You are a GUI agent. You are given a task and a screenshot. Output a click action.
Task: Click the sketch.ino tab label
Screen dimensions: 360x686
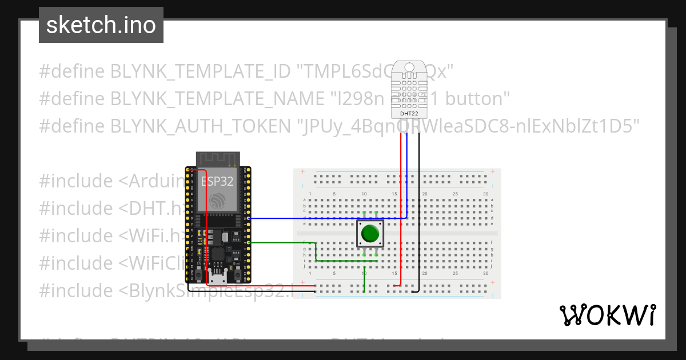[x=101, y=25]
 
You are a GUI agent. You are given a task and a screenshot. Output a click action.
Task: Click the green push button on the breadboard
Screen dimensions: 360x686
[x=370, y=234]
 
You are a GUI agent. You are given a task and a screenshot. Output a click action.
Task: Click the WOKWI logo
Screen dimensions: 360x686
[x=607, y=315]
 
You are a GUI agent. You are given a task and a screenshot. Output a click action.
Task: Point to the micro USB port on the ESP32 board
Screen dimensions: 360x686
[x=217, y=279]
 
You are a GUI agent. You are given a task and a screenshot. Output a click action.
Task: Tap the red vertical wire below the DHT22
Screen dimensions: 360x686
[x=400, y=217]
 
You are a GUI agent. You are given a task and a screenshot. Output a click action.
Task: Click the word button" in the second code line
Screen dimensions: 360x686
[x=477, y=99]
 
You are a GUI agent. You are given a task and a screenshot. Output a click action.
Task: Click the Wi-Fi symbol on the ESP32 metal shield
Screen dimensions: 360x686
[x=218, y=201]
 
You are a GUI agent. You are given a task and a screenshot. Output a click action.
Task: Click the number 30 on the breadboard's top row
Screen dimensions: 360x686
[x=485, y=194]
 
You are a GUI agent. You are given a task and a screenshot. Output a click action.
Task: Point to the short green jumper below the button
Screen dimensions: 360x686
[x=365, y=280]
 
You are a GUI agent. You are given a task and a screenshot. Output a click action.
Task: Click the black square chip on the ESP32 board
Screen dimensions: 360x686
[x=218, y=255]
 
